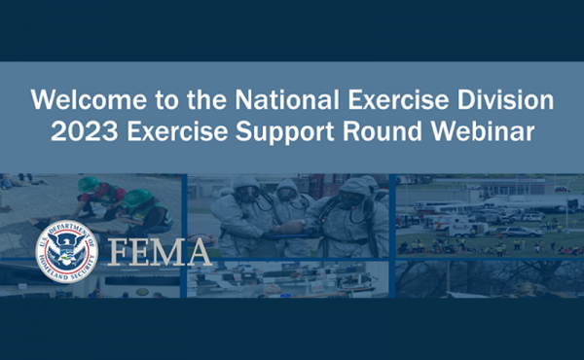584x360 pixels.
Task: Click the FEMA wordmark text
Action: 159,251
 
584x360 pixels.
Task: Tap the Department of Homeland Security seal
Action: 66,251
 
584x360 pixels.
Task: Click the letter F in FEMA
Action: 118,251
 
